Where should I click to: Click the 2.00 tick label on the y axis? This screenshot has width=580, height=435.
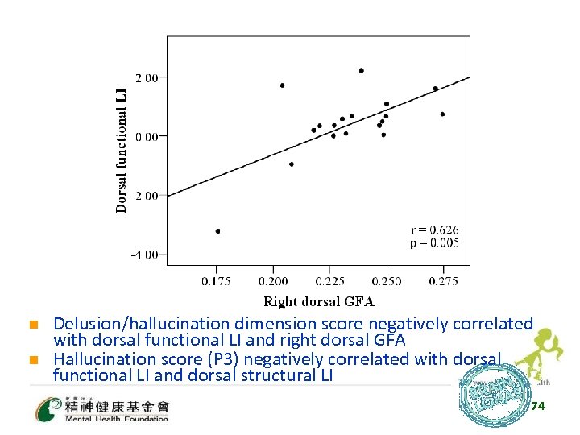(148, 77)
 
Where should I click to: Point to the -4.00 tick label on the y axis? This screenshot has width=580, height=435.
(147, 255)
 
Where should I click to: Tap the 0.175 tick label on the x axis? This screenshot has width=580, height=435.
(216, 281)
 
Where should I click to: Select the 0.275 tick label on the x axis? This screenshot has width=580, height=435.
(444, 281)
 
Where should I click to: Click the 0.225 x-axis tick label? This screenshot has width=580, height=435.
(330, 281)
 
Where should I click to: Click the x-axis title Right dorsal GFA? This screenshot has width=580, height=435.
(319, 302)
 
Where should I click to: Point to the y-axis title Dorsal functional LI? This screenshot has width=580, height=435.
(122, 150)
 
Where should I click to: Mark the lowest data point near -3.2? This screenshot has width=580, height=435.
(217, 231)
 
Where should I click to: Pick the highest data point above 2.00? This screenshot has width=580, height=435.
(361, 71)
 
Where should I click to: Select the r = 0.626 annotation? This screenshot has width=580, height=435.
(435, 230)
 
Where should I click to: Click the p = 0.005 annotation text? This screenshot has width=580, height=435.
(435, 242)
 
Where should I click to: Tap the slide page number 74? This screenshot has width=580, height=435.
(538, 406)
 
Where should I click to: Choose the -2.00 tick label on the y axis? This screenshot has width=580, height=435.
(147, 196)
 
